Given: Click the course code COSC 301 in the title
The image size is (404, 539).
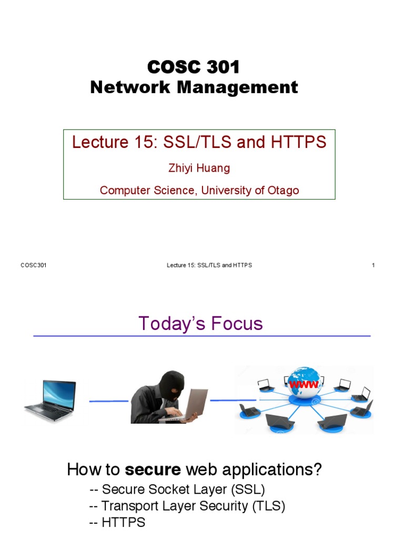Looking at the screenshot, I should point(194,67).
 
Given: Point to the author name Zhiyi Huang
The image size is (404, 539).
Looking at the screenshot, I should point(199,169).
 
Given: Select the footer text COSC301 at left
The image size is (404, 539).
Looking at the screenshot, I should point(34,265).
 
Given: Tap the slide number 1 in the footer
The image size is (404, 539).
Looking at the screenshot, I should point(373,265).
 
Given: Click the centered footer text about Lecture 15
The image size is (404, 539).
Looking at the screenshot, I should point(209,265).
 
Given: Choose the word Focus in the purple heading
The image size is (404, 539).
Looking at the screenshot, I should point(236,323).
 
